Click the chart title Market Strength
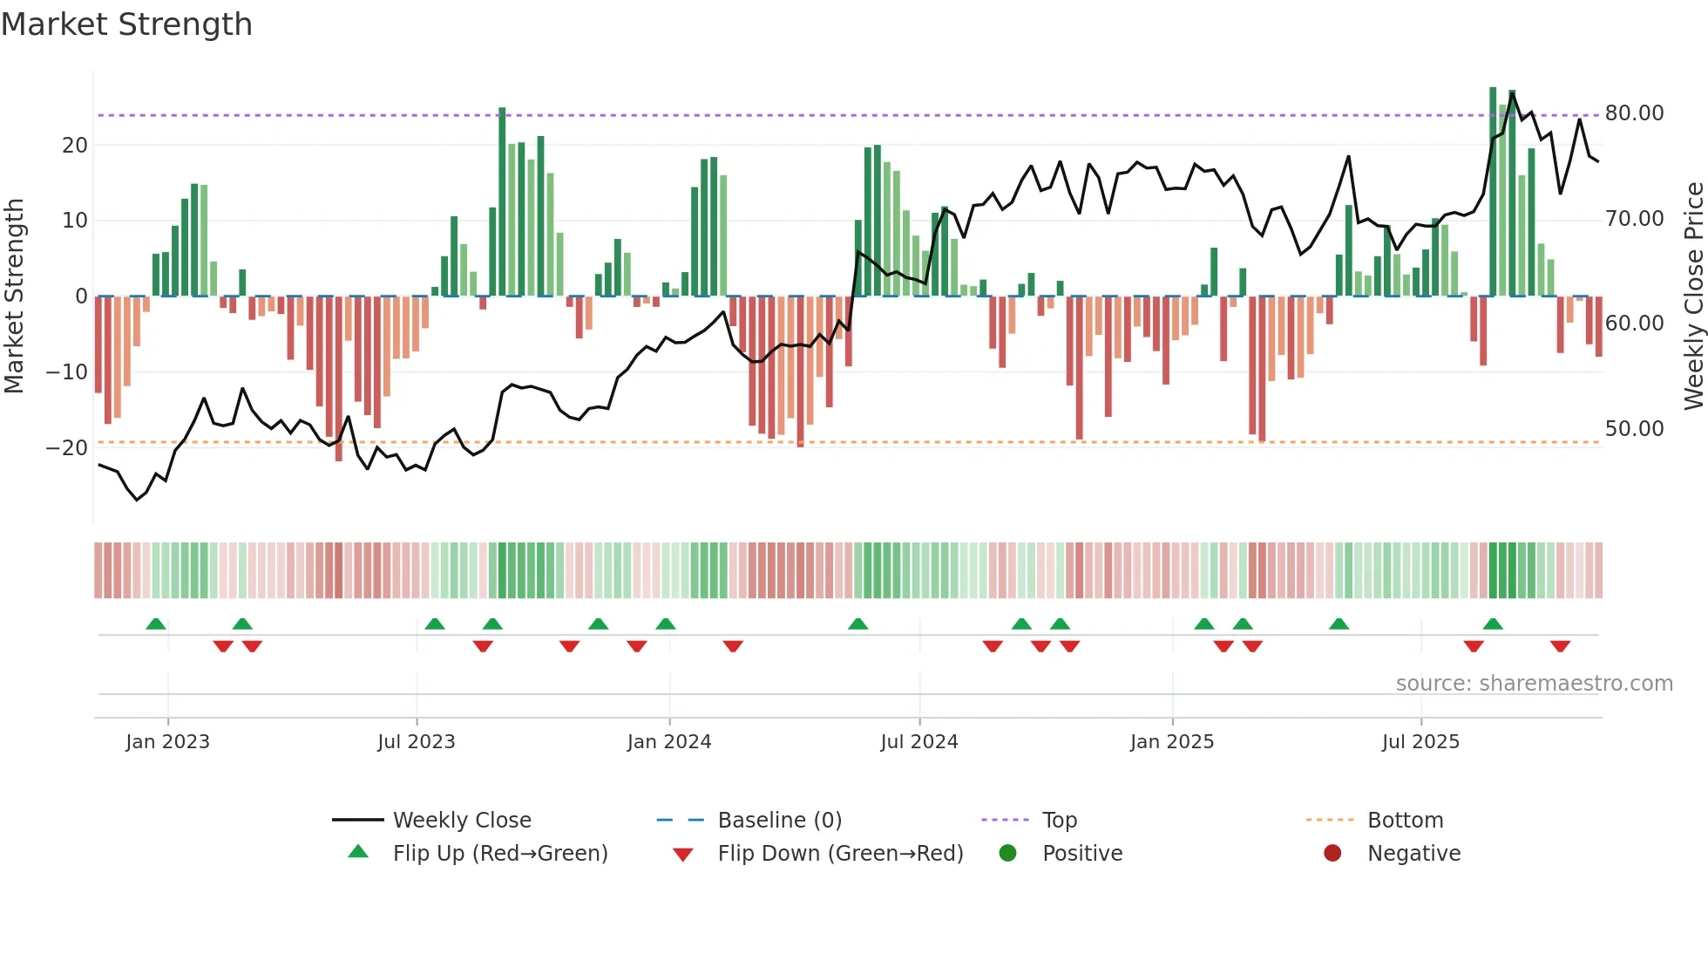(x=126, y=24)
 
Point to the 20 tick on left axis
(x=75, y=146)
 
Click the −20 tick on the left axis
(x=67, y=448)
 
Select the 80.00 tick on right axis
(x=1634, y=113)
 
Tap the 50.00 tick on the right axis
(x=1634, y=429)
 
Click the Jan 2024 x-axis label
(x=668, y=742)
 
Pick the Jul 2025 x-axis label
(x=1420, y=742)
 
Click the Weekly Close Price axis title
(x=1693, y=296)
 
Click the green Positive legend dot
(x=1007, y=853)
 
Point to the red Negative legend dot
(x=1332, y=853)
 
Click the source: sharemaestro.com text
(x=1534, y=684)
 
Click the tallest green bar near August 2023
(x=502, y=201)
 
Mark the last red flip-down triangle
(x=1560, y=646)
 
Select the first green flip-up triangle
(x=156, y=624)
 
